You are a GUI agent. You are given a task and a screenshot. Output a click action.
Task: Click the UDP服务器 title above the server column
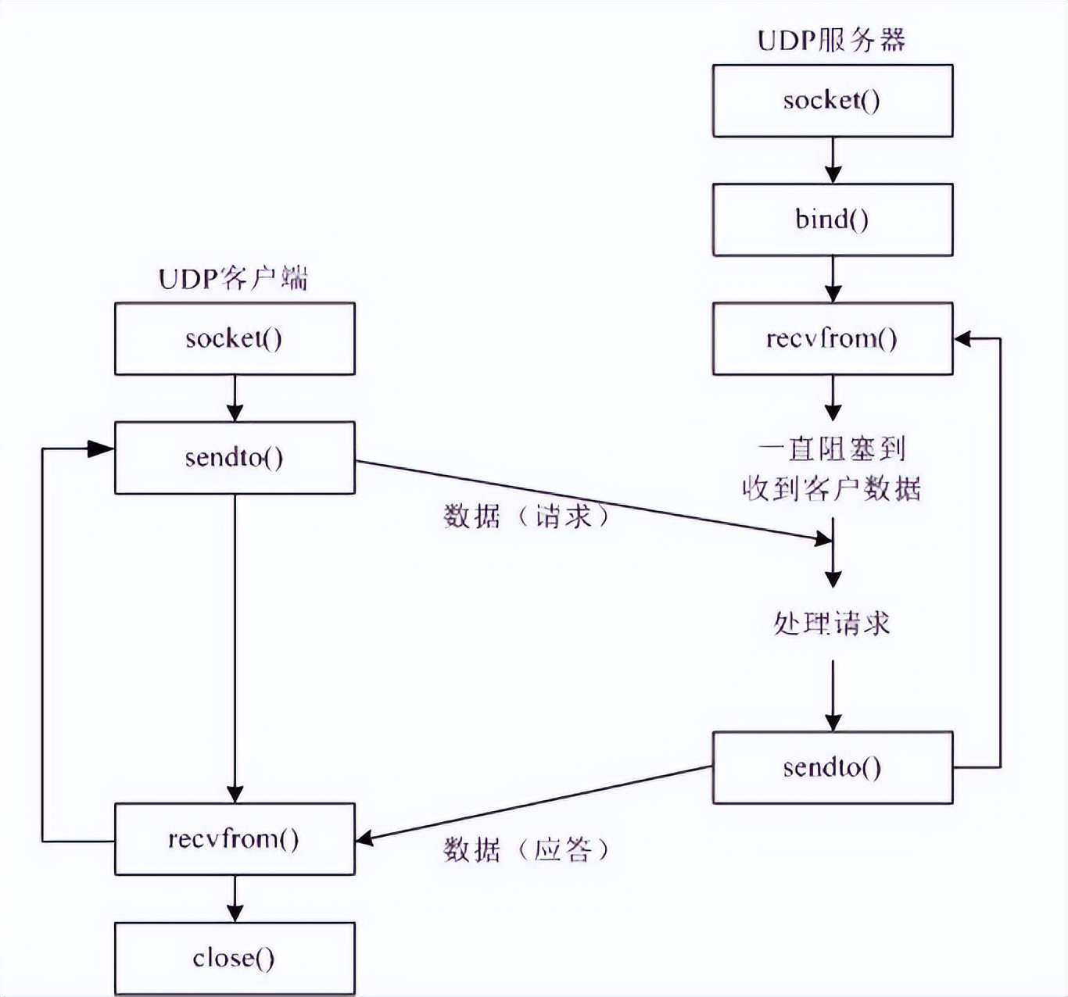831,40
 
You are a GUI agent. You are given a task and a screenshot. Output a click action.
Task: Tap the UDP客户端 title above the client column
233,278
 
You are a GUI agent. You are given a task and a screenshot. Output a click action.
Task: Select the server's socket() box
832,101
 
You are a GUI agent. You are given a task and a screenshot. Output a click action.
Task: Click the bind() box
832,220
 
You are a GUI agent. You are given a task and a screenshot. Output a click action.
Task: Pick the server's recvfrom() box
832,338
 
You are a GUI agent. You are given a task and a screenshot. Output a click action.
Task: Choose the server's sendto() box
832,767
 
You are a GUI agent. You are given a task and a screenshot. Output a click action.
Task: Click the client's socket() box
234,338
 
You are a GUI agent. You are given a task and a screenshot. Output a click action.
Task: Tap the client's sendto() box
234,457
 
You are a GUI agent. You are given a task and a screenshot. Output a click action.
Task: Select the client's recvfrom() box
234,838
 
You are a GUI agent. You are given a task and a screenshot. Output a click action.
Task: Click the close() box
234,958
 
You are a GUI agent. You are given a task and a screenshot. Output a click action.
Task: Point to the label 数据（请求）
525,516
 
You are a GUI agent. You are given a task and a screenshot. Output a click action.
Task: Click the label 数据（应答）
525,849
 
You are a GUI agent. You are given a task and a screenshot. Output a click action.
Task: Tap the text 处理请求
832,624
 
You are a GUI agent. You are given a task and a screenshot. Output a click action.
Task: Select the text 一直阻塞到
832,448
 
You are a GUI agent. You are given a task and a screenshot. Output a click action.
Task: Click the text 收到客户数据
832,488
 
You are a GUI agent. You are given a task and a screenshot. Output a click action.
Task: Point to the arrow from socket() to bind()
833,160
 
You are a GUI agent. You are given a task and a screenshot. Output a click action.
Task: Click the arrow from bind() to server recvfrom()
833,279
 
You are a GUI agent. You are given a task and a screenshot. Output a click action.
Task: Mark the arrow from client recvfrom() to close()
235,899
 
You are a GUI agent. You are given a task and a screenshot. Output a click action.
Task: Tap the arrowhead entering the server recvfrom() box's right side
963,338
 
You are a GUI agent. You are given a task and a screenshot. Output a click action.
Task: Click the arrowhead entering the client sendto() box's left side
102,448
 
